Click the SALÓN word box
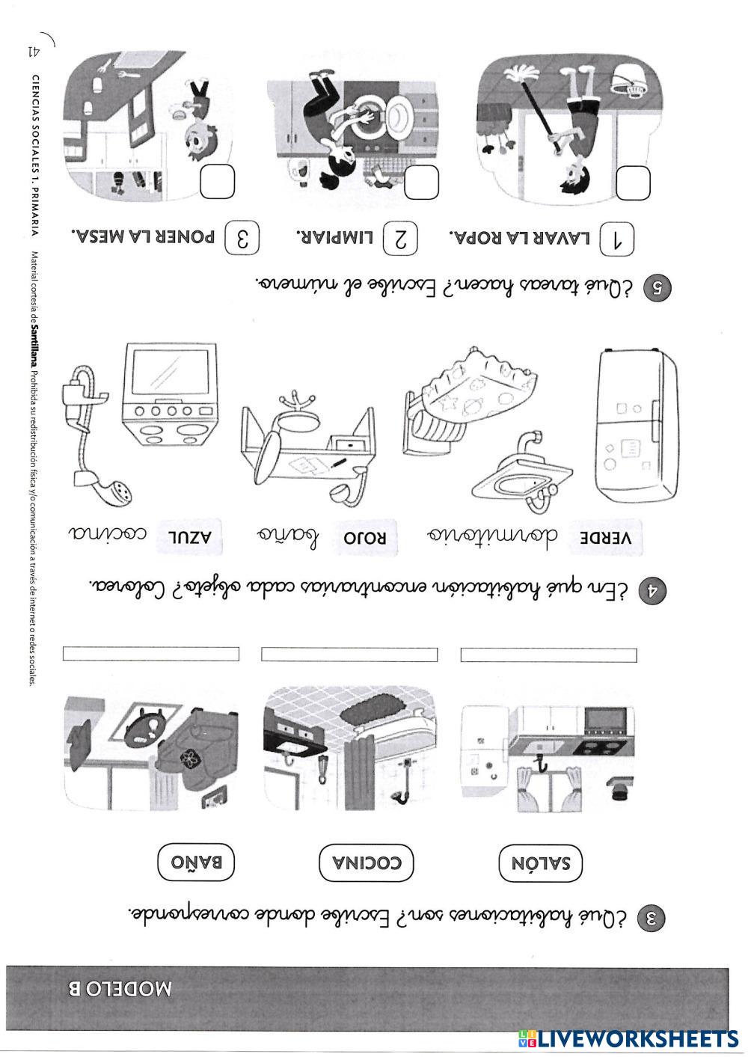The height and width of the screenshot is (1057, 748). pyautogui.click(x=541, y=863)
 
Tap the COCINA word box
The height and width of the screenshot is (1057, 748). pyautogui.click(x=367, y=863)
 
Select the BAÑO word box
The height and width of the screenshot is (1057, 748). pyautogui.click(x=196, y=862)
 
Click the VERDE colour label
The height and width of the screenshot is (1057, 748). pyautogui.click(x=606, y=538)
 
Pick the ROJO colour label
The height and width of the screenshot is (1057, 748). pyautogui.click(x=366, y=538)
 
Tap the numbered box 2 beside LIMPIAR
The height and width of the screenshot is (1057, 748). pyautogui.click(x=400, y=239)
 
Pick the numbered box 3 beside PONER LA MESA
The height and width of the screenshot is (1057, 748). pyautogui.click(x=242, y=238)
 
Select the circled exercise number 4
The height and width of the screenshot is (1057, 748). pyautogui.click(x=652, y=591)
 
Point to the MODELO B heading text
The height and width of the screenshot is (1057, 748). pyautogui.click(x=120, y=989)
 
